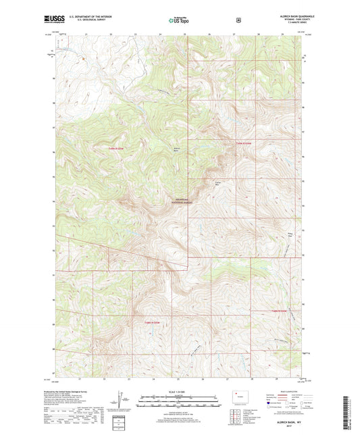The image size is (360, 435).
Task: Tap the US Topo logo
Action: [x=180, y=20]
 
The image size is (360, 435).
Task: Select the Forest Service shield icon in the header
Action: [x=238, y=20]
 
